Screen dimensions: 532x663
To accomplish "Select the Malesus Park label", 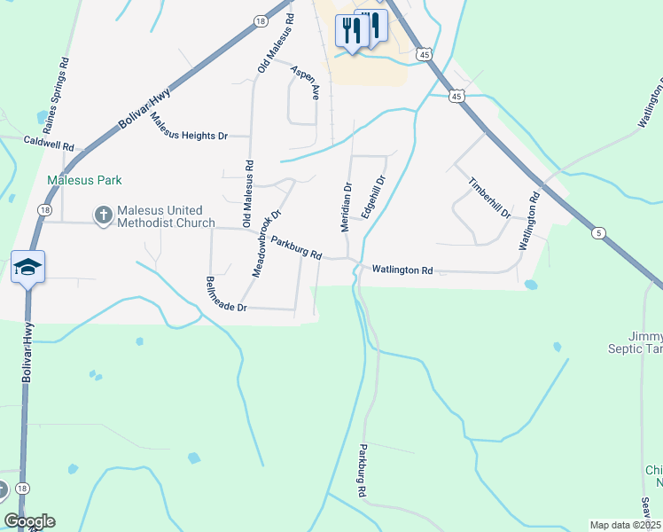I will point(84,180).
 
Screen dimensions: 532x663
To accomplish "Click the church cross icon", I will point(103,215).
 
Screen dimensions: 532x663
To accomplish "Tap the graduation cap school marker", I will point(28,266).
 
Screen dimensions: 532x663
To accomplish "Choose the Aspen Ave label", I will point(304,81).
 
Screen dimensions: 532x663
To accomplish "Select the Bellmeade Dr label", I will point(225,295).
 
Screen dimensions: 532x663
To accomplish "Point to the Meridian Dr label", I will point(347,207).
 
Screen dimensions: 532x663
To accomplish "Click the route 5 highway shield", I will point(600,233).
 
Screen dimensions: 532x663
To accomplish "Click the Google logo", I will point(29,521).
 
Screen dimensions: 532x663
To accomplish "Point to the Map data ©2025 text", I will point(625,525).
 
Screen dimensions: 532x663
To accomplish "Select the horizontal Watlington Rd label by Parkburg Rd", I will point(402,270).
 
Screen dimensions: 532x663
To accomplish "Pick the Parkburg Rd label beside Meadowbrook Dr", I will point(295,247).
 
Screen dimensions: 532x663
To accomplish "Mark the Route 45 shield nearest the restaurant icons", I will point(426,55).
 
